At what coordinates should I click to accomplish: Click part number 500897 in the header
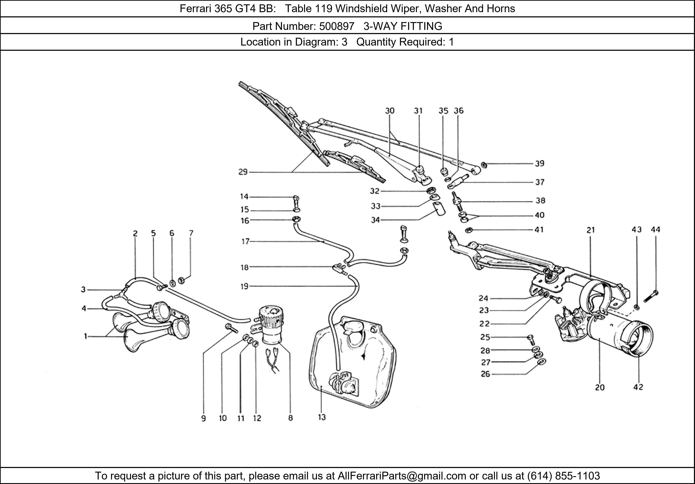coord(337,26)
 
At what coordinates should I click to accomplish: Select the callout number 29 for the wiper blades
coord(243,172)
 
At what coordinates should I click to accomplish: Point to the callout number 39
coord(539,164)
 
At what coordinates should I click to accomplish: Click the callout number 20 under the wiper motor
coord(600,387)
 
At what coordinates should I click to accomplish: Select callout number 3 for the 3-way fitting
coord(83,290)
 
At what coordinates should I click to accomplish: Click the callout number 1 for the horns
coord(86,336)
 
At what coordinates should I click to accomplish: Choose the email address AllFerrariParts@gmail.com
coord(402,476)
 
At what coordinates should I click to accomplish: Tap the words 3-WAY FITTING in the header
coord(403,26)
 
